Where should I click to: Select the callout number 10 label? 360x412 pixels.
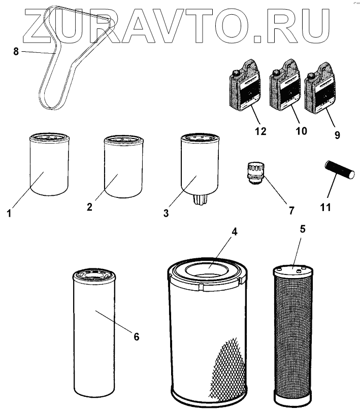tap(301, 131)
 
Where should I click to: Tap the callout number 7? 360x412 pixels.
tap(291, 210)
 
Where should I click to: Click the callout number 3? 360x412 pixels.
tap(166, 213)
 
